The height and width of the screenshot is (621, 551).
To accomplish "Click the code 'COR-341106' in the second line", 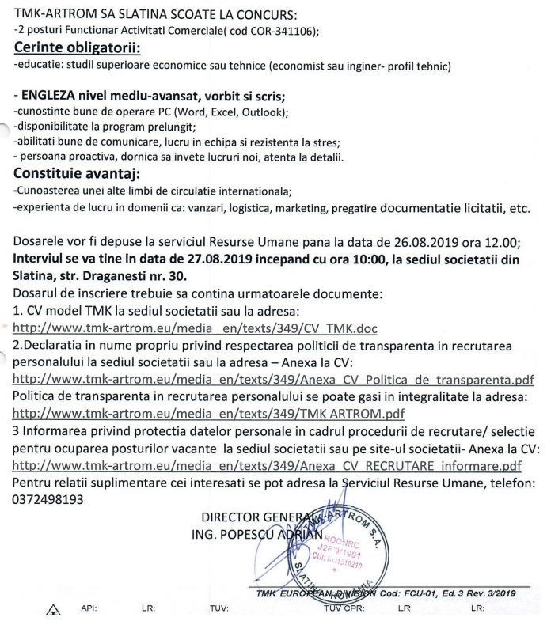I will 281,31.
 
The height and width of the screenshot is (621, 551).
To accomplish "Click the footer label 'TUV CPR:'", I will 343,608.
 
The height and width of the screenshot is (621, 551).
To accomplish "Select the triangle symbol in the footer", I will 53,608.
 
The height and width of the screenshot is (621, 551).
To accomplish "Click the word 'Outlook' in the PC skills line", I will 264,112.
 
